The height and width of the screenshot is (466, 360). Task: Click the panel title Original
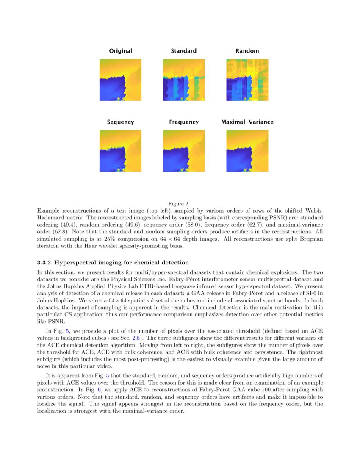120,51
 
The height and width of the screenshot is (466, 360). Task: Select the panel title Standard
183,51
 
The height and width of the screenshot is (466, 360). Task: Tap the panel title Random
247,51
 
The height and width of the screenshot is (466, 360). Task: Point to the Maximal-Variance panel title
247,122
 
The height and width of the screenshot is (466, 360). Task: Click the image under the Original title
120,80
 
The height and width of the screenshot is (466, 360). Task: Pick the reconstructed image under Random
247,80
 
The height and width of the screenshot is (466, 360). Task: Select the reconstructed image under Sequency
120,151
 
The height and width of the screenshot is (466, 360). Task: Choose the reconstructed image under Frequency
184,151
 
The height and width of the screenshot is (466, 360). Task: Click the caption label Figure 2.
180,204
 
